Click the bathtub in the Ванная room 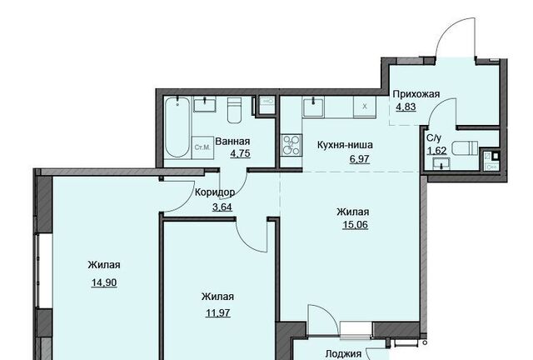[177, 127]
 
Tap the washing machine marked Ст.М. [202, 147]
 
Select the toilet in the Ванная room [234, 110]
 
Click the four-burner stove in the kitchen [291, 145]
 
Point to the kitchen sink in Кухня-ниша [313, 107]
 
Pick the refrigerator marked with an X [365, 107]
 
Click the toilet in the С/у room [465, 149]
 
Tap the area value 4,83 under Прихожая [406, 107]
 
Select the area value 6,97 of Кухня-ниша [359, 159]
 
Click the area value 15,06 [356, 225]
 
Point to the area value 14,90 [104, 282]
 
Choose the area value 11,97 [218, 312]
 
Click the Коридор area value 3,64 [222, 207]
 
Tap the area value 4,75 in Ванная [241, 153]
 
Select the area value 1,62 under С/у [436, 150]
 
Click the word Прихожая [416, 94]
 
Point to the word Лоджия [343, 354]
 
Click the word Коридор [215, 192]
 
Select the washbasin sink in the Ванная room [205, 104]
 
